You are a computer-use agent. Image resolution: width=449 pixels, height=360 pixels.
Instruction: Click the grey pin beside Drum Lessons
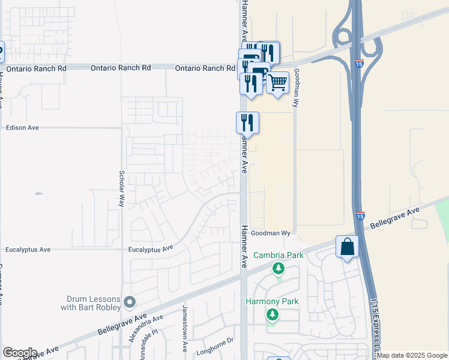click(x=130, y=301)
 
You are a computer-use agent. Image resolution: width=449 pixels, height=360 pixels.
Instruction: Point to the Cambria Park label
click(x=278, y=255)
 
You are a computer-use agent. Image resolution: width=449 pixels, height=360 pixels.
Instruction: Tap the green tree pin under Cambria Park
click(x=278, y=268)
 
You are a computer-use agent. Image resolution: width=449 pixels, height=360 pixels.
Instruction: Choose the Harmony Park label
click(x=272, y=301)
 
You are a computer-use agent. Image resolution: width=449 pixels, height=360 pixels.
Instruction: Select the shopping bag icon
click(x=347, y=247)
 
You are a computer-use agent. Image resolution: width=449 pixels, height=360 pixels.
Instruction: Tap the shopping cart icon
click(x=277, y=83)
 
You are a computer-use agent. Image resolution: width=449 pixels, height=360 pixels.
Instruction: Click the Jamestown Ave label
click(x=185, y=328)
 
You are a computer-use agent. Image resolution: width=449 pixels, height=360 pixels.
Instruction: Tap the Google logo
click(x=20, y=353)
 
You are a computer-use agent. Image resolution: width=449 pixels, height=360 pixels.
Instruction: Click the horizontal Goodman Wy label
click(x=270, y=233)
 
